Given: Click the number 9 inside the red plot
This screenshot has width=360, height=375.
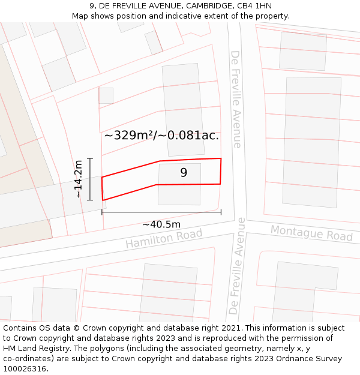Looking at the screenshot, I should pos(184,173).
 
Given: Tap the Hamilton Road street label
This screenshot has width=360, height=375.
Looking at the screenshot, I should pos(164,238).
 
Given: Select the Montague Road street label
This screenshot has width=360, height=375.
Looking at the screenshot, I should pos(311,233).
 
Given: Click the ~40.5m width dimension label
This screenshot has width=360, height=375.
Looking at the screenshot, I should pos(161,224).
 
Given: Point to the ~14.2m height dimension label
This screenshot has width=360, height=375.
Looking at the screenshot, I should pos(79,179).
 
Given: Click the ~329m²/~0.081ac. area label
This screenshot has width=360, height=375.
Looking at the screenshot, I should pos(161,135).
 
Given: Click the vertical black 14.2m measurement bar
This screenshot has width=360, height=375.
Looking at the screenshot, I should pos(90,179).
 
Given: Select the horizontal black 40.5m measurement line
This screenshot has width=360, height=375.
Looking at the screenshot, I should pos(161,212).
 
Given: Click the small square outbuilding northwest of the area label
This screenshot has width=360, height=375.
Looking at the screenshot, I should pos(106,95).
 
